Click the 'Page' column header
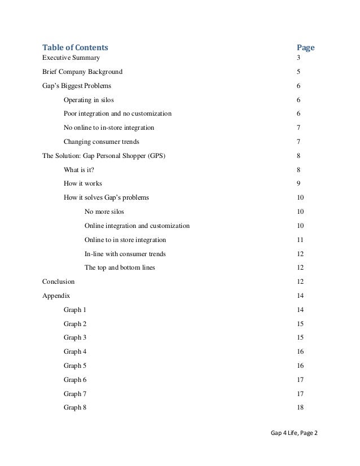pyautogui.click(x=305, y=47)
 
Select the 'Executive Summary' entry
pyautogui.click(x=72, y=58)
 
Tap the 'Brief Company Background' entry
pyautogui.click(x=82, y=72)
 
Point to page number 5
pyautogui.click(x=298, y=72)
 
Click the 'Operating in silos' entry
pyautogui.click(x=89, y=100)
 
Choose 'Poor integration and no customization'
pyautogui.click(x=118, y=114)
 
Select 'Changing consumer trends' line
pyautogui.click(x=101, y=142)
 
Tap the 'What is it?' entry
pyautogui.click(x=79, y=170)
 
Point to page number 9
pyautogui.click(x=298, y=184)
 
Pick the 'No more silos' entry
pyautogui.click(x=104, y=212)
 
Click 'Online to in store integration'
pyautogui.click(x=125, y=240)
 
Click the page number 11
pyautogui.click(x=300, y=240)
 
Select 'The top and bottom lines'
pyautogui.click(x=120, y=267)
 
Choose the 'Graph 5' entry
pyautogui.click(x=75, y=366)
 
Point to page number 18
pyautogui.click(x=300, y=407)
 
